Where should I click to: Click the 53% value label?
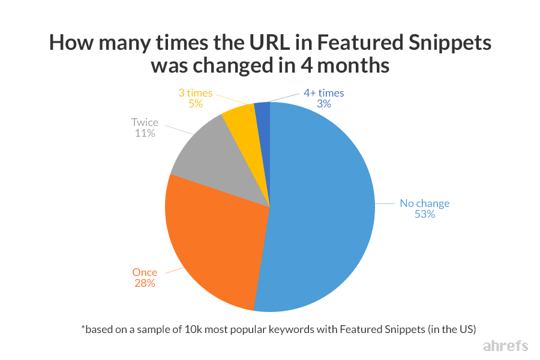(424, 214)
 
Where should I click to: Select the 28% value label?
(145, 283)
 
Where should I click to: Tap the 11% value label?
(145, 134)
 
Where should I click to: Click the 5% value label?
(195, 104)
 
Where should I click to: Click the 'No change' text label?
(424, 203)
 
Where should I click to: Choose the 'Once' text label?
(145, 272)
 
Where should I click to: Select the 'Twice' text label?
(145, 123)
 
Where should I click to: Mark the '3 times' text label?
(195, 93)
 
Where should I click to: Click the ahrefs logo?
(505, 346)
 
